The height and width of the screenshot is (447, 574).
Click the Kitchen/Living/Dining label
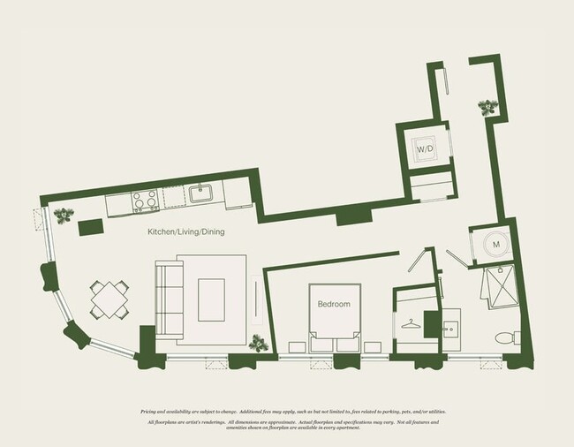185,232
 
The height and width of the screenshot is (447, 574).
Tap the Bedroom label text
334,304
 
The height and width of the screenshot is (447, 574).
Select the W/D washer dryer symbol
425,149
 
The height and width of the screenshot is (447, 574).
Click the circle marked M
495,244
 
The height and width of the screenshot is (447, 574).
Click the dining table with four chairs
110,299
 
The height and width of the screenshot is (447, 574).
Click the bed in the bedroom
334,316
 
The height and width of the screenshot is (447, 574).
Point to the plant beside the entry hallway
487,108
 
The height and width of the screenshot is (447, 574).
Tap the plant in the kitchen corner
64,214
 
